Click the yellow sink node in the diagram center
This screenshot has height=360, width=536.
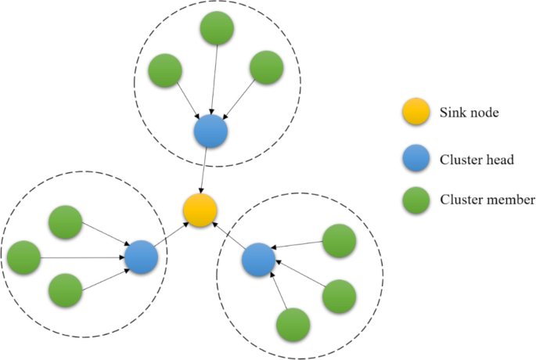(x=200, y=210)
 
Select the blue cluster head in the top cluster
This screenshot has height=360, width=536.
(x=210, y=131)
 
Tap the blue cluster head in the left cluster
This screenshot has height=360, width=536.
(x=141, y=257)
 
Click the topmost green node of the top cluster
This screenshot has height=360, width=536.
(x=217, y=28)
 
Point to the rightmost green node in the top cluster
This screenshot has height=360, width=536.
(x=267, y=68)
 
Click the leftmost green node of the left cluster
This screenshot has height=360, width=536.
(x=23, y=257)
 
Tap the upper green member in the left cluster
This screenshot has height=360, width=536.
(x=65, y=224)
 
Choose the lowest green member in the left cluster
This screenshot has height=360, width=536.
(x=65, y=290)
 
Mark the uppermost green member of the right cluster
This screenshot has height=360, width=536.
(x=339, y=240)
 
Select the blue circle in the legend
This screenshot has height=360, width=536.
(x=415, y=158)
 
